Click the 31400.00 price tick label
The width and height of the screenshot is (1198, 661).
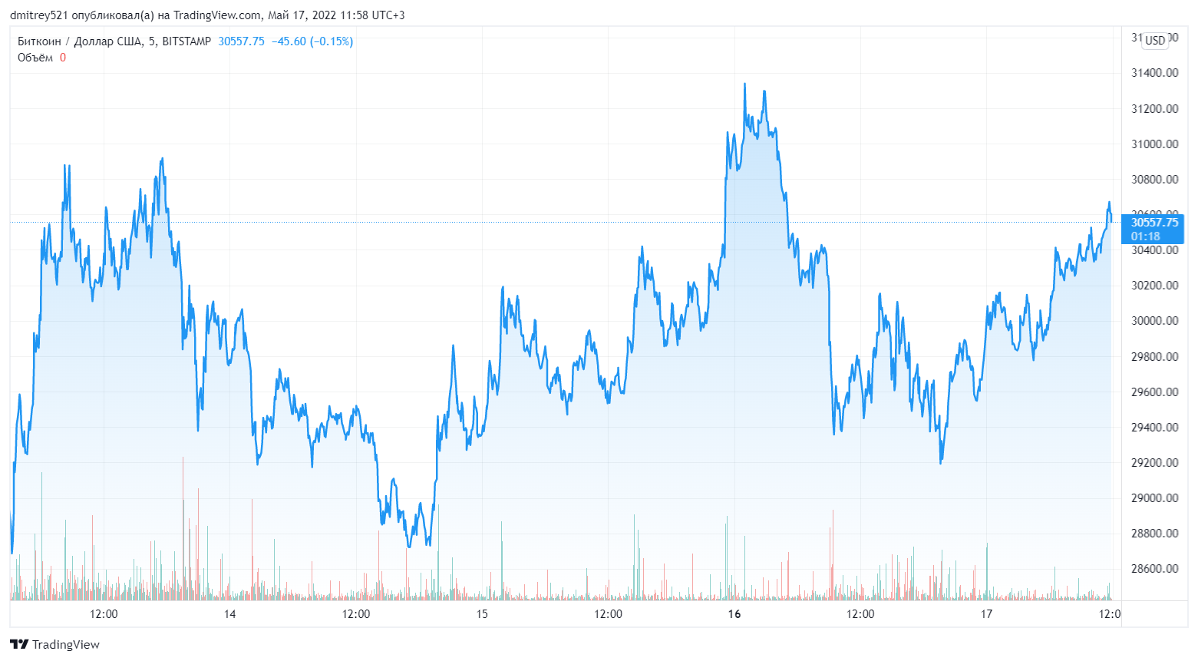tap(1154, 73)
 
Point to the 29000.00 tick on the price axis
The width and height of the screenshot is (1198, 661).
tap(1154, 498)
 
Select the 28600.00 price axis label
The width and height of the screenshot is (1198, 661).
tap(1154, 569)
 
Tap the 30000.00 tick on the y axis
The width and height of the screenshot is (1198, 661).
tap(1154, 321)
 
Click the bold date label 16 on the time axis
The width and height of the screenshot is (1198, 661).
tap(734, 614)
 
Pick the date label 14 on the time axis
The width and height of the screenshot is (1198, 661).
tap(229, 614)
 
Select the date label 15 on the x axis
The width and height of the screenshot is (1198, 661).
tap(482, 614)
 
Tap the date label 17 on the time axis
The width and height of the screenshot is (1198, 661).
tap(986, 614)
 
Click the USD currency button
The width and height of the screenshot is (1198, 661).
tap(1155, 40)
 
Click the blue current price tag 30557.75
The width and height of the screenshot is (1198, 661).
tap(1154, 223)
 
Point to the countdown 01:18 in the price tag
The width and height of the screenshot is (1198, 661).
tap(1145, 236)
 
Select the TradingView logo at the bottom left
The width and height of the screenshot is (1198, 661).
tap(54, 644)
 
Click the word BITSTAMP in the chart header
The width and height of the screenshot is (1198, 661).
tap(186, 41)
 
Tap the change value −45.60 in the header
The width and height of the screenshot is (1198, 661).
tap(289, 41)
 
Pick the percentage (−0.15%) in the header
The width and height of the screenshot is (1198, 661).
tap(332, 41)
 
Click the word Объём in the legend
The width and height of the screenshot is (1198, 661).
tap(35, 58)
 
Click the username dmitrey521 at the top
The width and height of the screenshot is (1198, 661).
tap(38, 15)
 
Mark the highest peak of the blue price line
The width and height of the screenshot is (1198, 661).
tap(744, 84)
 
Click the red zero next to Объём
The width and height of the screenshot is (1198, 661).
tap(63, 58)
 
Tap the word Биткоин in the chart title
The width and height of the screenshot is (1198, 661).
tap(39, 41)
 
